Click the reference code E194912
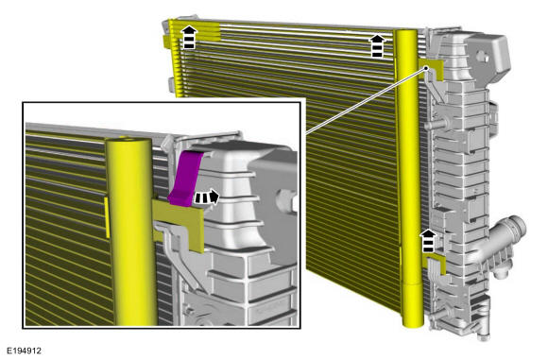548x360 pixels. pyautogui.click(x=25, y=351)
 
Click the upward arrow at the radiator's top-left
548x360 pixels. pyautogui.click(x=189, y=37)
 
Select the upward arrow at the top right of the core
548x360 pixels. pyautogui.click(x=377, y=45)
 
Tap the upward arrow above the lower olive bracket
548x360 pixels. pyautogui.click(x=428, y=241)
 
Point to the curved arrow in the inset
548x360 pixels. pyautogui.click(x=207, y=197)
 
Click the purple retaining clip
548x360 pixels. pyautogui.click(x=185, y=179)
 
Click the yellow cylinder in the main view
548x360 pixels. pyautogui.click(x=409, y=179)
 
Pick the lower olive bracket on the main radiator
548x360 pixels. pyautogui.click(x=435, y=264)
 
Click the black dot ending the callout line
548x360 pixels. pyautogui.click(x=426, y=68)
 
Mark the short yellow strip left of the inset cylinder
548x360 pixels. pyautogui.click(x=108, y=217)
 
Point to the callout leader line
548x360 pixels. pyautogui.click(x=366, y=101)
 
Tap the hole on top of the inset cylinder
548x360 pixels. pyautogui.click(x=128, y=140)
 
